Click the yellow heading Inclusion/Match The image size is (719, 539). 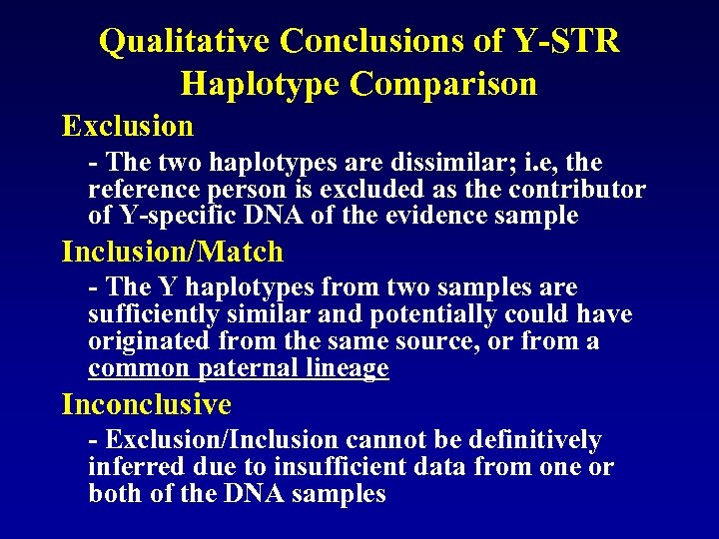click(173, 252)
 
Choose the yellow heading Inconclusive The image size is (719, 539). click(146, 404)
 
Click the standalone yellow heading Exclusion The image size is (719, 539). click(128, 126)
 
